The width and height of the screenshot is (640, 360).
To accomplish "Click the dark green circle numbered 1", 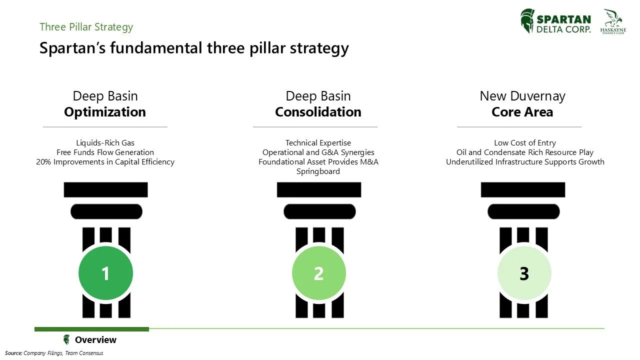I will pyautogui.click(x=105, y=273).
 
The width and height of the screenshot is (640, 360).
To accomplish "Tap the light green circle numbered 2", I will pyautogui.click(x=318, y=273).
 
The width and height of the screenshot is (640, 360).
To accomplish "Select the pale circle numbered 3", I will pyautogui.click(x=524, y=273).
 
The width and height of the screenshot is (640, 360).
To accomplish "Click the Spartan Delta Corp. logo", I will pyautogui.click(x=555, y=21).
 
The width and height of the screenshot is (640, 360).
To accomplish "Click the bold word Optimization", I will pyautogui.click(x=105, y=112).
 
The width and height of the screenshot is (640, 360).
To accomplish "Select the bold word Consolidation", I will pyautogui.click(x=318, y=112).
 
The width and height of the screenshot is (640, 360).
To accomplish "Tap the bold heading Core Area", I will pyautogui.click(x=522, y=112).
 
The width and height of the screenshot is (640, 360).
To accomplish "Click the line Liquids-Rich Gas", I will pyautogui.click(x=105, y=143).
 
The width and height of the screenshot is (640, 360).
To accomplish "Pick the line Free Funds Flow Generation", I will pyautogui.click(x=105, y=152).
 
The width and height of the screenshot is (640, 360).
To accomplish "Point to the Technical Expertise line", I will pyautogui.click(x=318, y=143).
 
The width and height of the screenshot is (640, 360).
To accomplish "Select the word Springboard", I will pyautogui.click(x=318, y=171).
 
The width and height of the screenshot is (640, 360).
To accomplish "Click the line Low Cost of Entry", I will pyautogui.click(x=524, y=143).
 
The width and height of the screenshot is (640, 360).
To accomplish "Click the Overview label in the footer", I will pyautogui.click(x=95, y=340).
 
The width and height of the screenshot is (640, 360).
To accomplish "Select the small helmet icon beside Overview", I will pyautogui.click(x=66, y=340).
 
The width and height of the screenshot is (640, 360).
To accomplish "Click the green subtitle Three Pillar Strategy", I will pyautogui.click(x=86, y=27).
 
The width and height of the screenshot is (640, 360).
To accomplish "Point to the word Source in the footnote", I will pyautogui.click(x=13, y=353).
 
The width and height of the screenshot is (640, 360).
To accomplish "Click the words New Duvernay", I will pyautogui.click(x=522, y=96).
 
